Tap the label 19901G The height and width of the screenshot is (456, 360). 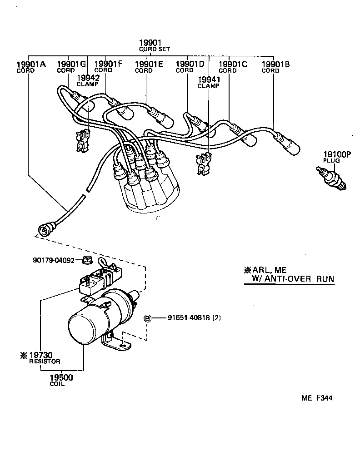tap(71, 64)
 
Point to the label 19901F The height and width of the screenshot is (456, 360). tap(108, 64)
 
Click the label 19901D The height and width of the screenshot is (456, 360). tap(190, 64)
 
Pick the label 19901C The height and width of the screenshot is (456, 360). tap(233, 64)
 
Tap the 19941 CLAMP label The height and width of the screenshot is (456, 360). tap(208, 81)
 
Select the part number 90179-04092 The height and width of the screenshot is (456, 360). tap(53, 261)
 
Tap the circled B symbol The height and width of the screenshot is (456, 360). tap(147, 318)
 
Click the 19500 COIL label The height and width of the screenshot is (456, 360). tap(61, 380)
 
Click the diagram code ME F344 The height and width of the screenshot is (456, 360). tap(316, 398)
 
